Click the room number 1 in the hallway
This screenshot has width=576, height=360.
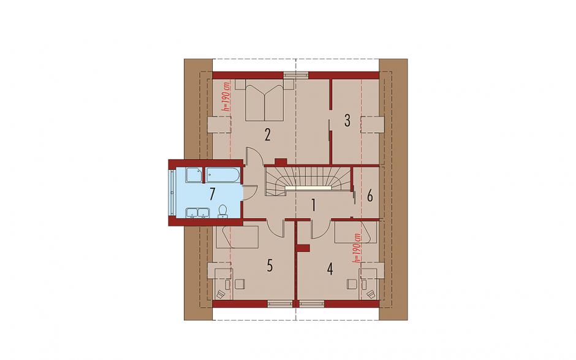pyautogui.click(x=313, y=205)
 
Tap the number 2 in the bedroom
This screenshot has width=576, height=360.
pyautogui.click(x=267, y=135)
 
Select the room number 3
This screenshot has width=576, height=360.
pyautogui.click(x=347, y=121)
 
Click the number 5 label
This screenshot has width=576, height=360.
pyautogui.click(x=270, y=266)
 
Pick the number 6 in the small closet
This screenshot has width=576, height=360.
pyautogui.click(x=369, y=196)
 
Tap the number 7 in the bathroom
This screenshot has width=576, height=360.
pyautogui.click(x=212, y=194)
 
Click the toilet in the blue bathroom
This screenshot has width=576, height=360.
pyautogui.click(x=222, y=211)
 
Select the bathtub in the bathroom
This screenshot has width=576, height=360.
pyautogui.click(x=222, y=175)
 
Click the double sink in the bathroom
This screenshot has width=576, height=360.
pyautogui.click(x=198, y=213)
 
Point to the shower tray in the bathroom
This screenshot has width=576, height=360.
pyautogui.click(x=194, y=175)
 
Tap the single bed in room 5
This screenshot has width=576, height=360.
pyautogui.click(x=237, y=237)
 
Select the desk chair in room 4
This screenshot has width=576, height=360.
pyautogui.click(x=352, y=284)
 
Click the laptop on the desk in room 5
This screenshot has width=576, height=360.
pyautogui.click(x=221, y=294)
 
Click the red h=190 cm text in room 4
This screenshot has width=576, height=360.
pyautogui.click(x=355, y=248)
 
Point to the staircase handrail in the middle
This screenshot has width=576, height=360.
pyautogui.click(x=309, y=188)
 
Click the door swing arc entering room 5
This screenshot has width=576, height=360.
pyautogui.click(x=276, y=229)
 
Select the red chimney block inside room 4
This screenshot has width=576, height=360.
pyautogui.click(x=303, y=248)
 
